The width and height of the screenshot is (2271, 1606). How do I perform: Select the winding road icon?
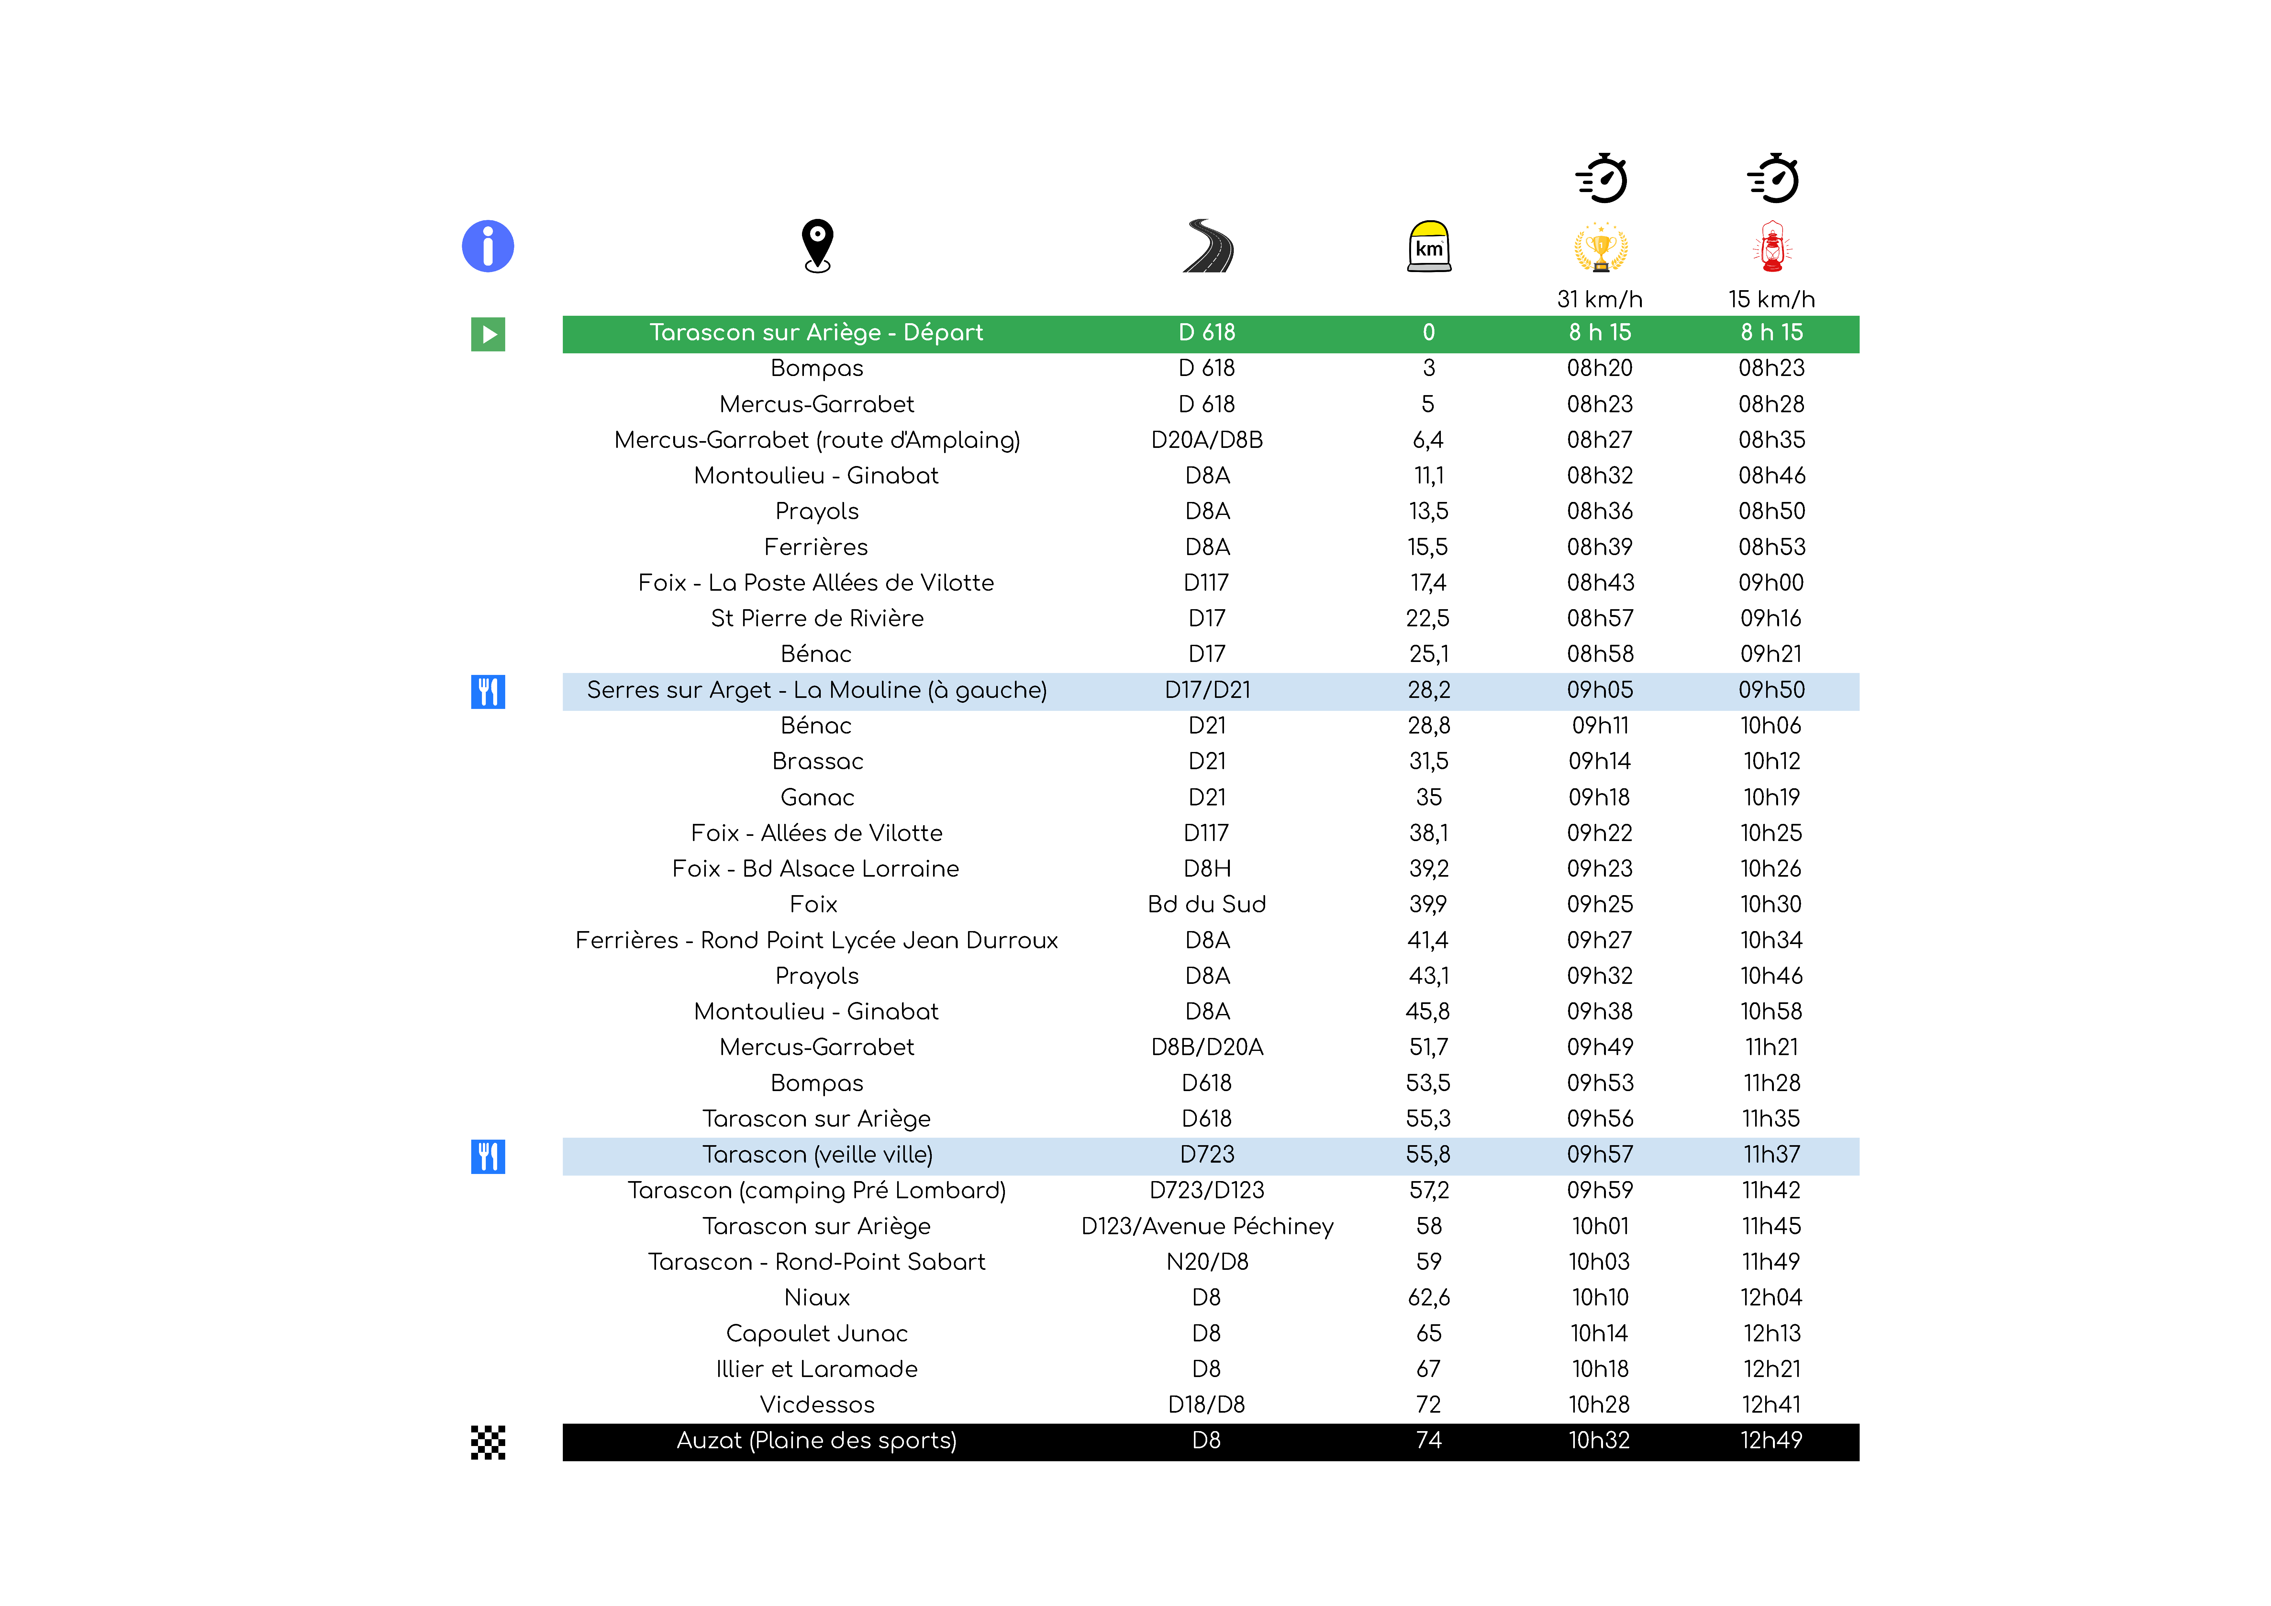pos(1208,245)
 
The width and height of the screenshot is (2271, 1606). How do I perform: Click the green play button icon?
pos(488,335)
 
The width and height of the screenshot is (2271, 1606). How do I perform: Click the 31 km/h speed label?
pos(1599,299)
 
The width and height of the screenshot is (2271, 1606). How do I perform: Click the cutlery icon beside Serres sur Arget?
pos(488,692)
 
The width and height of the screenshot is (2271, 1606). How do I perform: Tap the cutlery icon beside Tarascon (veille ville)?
pos(488,1156)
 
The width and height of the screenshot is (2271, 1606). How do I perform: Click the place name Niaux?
pos(817,1297)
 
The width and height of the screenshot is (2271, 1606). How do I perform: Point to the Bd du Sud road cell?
pos(1207,905)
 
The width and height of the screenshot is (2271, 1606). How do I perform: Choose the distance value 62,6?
pos(1428,1297)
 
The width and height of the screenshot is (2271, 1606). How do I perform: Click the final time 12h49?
pos(1772,1441)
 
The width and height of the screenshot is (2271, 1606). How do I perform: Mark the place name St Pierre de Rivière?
pos(817,619)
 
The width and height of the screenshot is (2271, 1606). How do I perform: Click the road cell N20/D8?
pos(1207,1262)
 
